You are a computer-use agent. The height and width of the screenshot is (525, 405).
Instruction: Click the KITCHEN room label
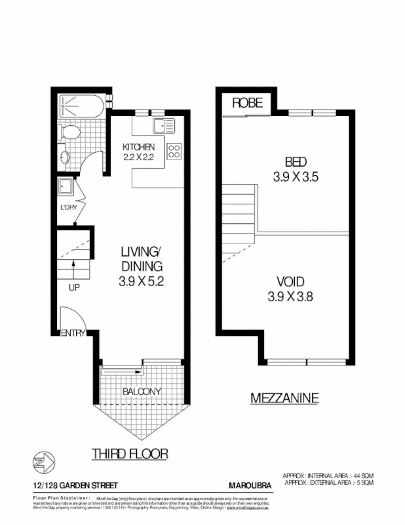(139, 146)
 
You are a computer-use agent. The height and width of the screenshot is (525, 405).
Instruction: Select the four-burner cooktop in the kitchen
(174, 152)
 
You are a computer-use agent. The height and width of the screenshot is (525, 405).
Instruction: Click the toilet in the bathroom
(69, 133)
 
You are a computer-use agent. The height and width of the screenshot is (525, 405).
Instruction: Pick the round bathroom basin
(64, 157)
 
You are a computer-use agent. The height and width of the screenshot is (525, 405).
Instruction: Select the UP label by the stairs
(74, 287)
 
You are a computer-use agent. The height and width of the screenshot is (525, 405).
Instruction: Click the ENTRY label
(73, 333)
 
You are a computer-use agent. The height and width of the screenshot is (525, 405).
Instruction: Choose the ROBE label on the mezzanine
(247, 102)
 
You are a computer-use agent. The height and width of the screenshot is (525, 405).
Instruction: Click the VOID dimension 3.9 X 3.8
(290, 296)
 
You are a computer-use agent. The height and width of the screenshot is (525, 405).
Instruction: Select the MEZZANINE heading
(284, 397)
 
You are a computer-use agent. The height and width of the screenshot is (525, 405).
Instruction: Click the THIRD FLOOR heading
(130, 453)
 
